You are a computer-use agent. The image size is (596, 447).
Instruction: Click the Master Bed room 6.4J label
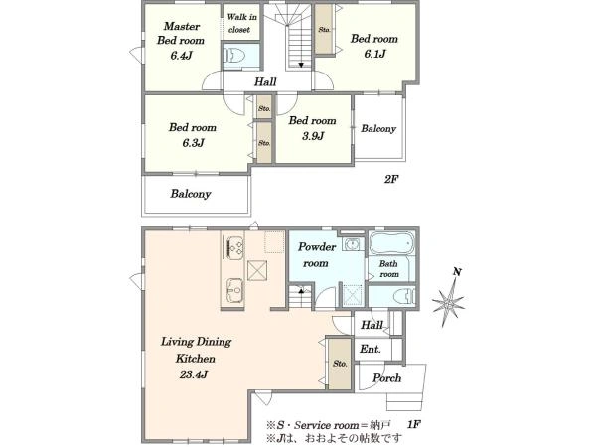point(181,41)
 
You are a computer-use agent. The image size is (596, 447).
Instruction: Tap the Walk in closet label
point(241,23)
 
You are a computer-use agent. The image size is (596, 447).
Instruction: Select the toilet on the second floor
point(236,57)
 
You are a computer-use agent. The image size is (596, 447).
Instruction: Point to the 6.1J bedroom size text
point(374,54)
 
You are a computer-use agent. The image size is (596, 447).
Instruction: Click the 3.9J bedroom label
point(313,128)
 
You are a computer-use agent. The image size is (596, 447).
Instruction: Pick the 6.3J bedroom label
point(193,135)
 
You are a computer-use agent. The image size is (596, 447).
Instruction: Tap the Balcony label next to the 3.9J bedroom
point(378,129)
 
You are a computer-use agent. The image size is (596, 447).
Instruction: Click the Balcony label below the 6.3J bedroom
point(191,194)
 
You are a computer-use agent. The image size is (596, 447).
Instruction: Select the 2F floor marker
point(391,179)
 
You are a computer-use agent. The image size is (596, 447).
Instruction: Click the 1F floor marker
point(414,424)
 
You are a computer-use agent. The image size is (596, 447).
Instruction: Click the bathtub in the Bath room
point(392,243)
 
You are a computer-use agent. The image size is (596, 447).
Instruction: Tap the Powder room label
point(317,255)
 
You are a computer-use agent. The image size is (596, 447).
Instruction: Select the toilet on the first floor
point(404,295)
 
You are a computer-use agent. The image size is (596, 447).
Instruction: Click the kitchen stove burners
point(234,247)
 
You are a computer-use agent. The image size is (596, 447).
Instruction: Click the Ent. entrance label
point(370,349)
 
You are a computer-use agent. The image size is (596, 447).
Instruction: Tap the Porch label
point(387,378)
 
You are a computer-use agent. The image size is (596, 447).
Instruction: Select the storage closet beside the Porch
point(340,364)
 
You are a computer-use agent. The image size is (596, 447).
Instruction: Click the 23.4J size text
point(194,375)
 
